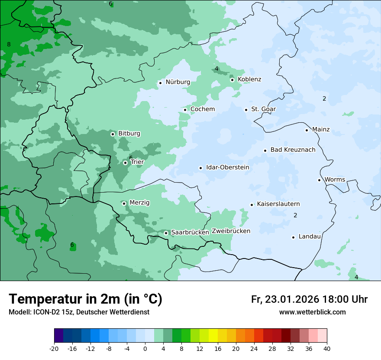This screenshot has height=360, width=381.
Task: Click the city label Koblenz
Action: point(249,79)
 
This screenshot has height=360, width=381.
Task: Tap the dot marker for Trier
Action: point(125,163)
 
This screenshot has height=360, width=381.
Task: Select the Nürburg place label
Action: point(178,82)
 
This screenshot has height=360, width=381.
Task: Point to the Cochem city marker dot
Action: point(185,109)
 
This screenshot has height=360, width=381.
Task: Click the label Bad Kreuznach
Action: point(293,150)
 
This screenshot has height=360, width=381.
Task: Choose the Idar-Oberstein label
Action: point(227,167)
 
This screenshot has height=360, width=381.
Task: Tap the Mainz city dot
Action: point(307,130)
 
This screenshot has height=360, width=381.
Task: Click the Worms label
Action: point(335,180)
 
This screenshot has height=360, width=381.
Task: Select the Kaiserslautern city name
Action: point(278,204)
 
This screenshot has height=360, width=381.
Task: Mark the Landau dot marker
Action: point(293,237)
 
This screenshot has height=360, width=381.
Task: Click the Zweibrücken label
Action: point(231,231)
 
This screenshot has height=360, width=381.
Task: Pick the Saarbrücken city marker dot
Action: point(166,233)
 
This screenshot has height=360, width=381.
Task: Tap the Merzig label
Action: point(139,203)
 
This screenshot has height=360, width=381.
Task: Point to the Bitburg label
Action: point(129,134)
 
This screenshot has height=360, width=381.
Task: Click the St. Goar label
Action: point(263,109)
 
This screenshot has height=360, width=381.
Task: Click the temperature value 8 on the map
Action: point(9,44)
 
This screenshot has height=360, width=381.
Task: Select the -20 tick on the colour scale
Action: point(54,348)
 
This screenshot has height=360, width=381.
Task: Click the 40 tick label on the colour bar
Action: point(326,348)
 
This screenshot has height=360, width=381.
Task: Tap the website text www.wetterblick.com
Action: point(312,312)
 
